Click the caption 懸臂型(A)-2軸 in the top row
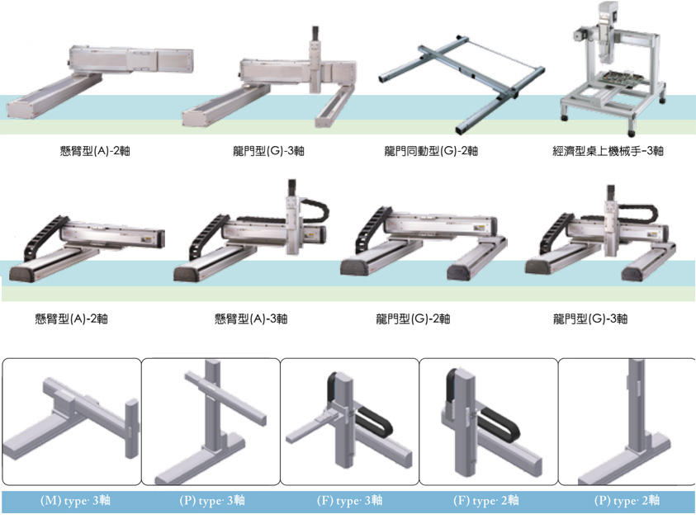(86, 151)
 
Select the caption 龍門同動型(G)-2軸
(431, 151)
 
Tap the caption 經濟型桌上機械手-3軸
(608, 151)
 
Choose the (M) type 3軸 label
(75, 501)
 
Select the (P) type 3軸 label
(211, 501)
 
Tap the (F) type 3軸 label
(349, 501)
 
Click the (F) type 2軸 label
(487, 501)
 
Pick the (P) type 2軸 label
(627, 501)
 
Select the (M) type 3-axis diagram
(74, 421)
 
